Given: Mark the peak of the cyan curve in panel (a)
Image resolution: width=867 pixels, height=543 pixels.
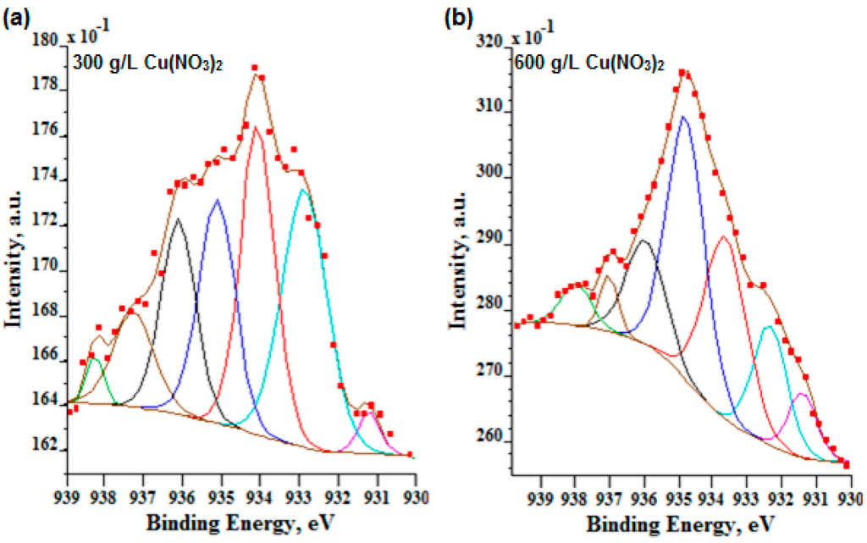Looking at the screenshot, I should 302,190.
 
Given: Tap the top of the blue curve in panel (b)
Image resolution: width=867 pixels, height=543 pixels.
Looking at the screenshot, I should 683,118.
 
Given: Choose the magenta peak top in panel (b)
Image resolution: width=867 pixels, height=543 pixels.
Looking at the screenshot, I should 802,394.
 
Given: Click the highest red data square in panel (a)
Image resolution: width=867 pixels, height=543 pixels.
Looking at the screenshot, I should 254,68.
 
